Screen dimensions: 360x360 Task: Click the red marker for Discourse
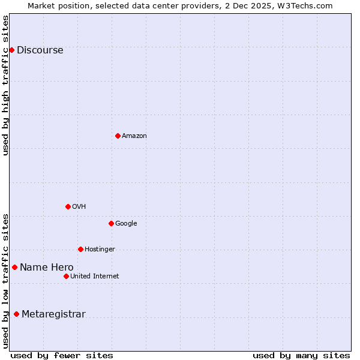[11, 50]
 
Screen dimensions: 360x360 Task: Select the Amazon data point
[118, 136]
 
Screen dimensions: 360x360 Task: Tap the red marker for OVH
[68, 206]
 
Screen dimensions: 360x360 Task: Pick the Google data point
[111, 223]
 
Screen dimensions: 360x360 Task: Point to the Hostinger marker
[80, 249]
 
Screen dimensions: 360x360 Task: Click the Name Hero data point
[14, 267]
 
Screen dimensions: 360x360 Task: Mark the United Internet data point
[66, 276]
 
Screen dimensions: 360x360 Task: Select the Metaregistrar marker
[16, 314]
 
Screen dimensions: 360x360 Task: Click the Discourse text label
[40, 50]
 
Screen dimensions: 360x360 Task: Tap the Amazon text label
[134, 136]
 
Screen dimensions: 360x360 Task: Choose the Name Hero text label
[47, 268]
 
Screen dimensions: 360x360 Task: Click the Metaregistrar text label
[53, 314]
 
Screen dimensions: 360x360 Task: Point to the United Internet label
[95, 277]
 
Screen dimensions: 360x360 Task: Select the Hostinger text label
[100, 250]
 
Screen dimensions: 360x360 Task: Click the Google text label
[126, 224]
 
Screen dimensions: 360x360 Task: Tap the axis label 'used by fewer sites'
[62, 355]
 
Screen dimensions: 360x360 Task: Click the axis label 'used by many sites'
[301, 355]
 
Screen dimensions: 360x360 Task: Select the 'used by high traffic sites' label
[6, 85]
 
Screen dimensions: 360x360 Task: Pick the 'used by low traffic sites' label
[6, 280]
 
